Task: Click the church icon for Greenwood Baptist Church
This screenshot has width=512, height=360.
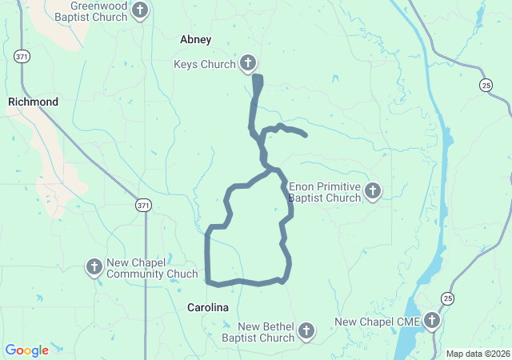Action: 141,11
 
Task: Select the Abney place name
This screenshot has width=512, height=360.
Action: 196,38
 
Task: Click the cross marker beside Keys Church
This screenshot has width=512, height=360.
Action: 248,64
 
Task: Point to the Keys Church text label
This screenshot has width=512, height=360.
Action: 205,64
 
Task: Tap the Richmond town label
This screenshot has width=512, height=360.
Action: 33,102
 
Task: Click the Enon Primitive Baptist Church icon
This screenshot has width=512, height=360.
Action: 372,191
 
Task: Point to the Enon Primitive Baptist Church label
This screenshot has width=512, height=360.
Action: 325,192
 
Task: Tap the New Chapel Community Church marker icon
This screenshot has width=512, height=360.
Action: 94,267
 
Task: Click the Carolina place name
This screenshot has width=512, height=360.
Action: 208,307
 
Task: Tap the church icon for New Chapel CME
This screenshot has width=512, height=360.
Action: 432,322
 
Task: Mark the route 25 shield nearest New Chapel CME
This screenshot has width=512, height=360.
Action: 448,298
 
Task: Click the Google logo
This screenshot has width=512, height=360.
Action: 27,350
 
